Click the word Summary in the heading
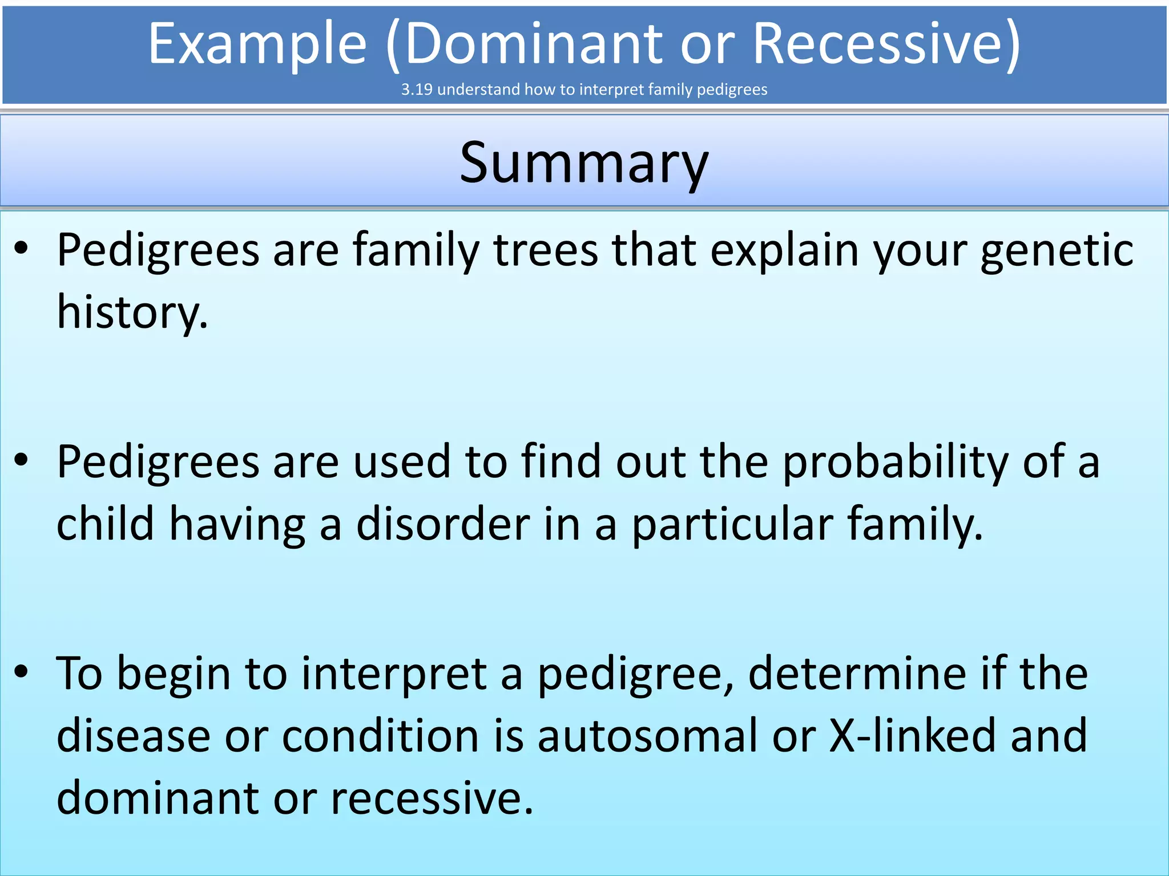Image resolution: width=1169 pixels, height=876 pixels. (x=584, y=164)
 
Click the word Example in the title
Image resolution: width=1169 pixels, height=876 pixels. (x=257, y=44)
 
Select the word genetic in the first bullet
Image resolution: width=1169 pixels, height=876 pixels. (x=1057, y=251)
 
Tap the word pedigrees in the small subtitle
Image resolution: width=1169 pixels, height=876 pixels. (x=732, y=90)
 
